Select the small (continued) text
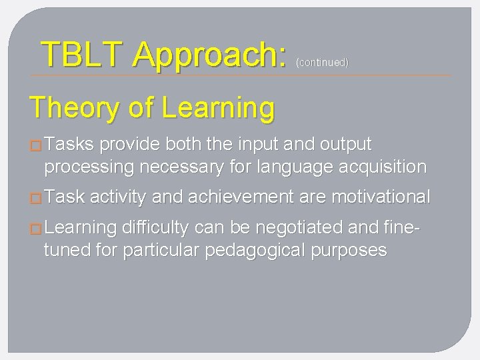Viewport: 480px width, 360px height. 322,63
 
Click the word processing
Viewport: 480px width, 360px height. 90,167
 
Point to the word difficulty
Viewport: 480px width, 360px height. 156,227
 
